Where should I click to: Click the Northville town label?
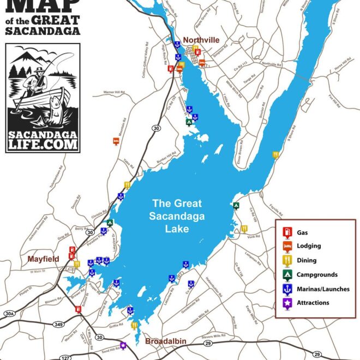[x=201, y=40]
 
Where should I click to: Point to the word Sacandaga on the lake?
[x=177, y=216]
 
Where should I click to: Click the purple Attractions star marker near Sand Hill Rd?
[x=123, y=345]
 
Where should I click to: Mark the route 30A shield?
[x=9, y=314]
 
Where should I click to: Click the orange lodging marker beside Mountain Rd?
[x=116, y=141]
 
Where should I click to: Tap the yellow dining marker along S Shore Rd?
[x=276, y=154]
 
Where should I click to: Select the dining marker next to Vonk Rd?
[x=244, y=229]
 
